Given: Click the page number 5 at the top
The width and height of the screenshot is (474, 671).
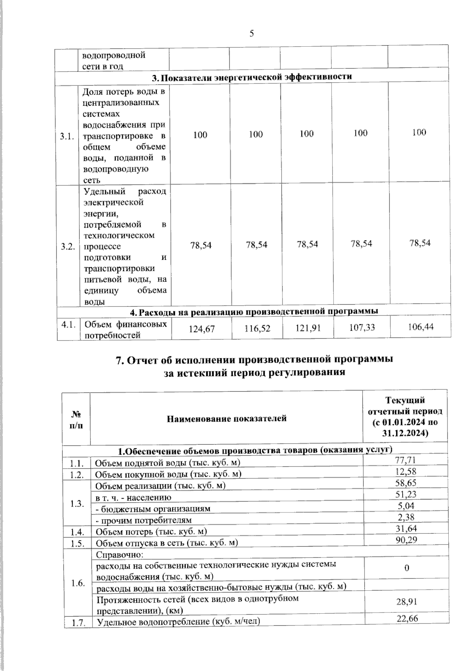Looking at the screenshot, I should pyautogui.click(x=252, y=34).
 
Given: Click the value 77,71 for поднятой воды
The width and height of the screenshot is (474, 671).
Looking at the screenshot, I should pyautogui.click(x=405, y=460).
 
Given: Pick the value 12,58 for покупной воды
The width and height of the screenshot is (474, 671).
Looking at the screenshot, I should pyautogui.click(x=405, y=471).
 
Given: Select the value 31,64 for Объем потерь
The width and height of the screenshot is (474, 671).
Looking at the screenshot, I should pyautogui.click(x=406, y=528).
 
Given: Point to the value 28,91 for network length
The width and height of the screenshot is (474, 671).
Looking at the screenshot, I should pyautogui.click(x=407, y=601).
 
